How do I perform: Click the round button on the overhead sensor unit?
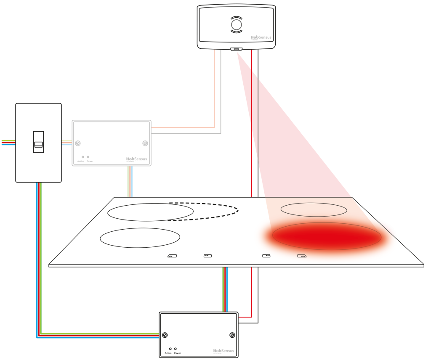click(237, 25)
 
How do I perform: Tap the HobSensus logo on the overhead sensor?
click(261, 37)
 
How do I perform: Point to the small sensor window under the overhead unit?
click(237, 49)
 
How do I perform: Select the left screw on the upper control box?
click(78, 143)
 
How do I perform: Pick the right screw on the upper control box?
click(145, 143)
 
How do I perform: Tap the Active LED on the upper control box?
click(83, 157)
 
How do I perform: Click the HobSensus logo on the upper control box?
click(136, 159)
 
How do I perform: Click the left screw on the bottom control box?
click(165, 335)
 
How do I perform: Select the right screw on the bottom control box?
click(232, 335)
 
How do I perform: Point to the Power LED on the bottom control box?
click(176, 349)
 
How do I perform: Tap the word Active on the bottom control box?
click(168, 353)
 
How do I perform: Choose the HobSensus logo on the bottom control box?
click(223, 351)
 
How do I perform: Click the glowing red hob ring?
click(327, 236)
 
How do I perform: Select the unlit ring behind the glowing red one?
click(314, 209)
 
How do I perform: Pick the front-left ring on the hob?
click(140, 238)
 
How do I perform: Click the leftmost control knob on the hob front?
click(172, 256)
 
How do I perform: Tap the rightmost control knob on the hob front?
click(302, 256)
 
